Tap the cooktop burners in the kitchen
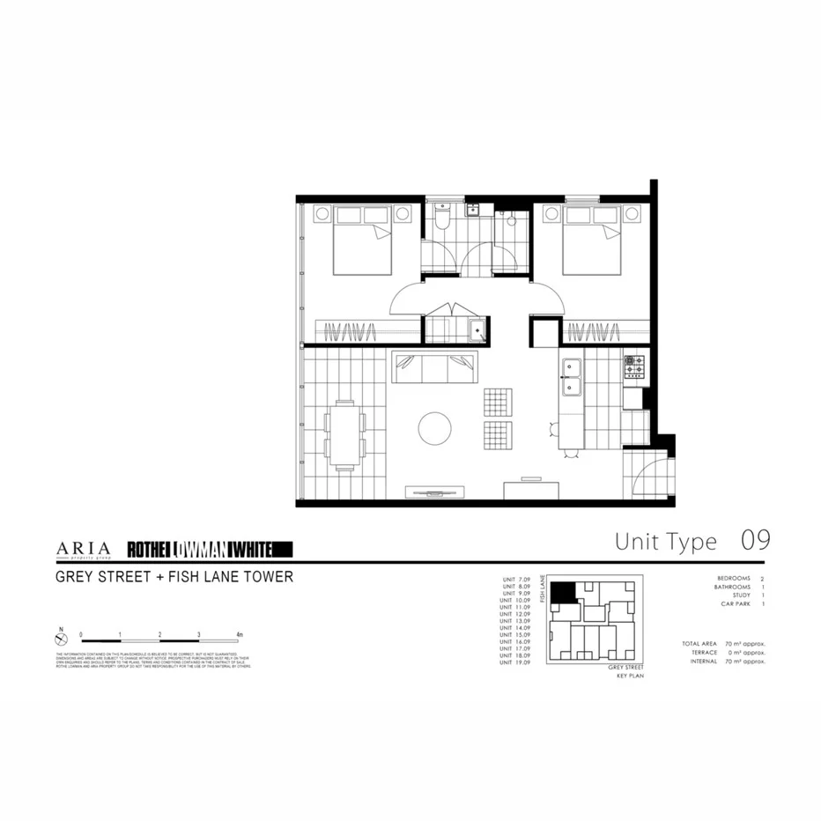pos(635,366)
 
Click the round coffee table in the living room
pos(435,429)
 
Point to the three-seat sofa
pos(435,368)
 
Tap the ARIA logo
pos(84,549)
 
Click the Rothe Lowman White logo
pos(210,550)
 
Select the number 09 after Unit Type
pos(755,540)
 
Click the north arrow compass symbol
pos(60,634)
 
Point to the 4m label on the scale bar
pos(240,633)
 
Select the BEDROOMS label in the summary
pos(735,579)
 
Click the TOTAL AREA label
pos(699,644)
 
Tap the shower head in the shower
pos(508,214)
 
